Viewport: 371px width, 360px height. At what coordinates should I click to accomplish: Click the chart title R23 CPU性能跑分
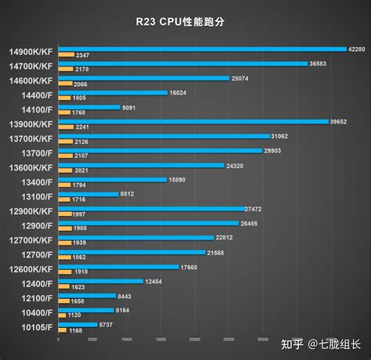click(x=185, y=21)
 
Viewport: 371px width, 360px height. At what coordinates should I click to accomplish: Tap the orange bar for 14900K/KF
click(x=65, y=55)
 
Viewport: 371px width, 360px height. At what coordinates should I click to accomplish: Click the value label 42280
click(x=357, y=49)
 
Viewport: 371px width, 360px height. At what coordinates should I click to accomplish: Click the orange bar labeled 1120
click(x=61, y=315)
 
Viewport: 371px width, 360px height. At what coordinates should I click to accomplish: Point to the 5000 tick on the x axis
click(x=92, y=340)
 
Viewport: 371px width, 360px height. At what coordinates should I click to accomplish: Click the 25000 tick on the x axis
click(x=229, y=340)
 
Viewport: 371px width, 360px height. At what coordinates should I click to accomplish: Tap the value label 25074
click(x=241, y=78)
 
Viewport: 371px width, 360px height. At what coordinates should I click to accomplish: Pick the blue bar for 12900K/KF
click(x=149, y=209)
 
